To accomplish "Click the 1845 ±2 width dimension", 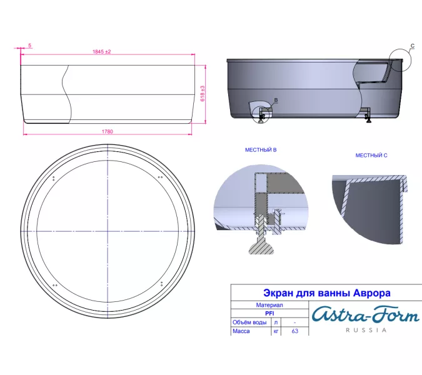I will click(101, 52).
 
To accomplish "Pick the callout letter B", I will click(276, 100).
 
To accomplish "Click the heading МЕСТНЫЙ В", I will click(260, 151).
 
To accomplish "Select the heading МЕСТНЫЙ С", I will click(371, 155).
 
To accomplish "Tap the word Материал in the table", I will click(269, 306).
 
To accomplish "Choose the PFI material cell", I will click(269, 314).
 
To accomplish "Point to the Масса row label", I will click(241, 331).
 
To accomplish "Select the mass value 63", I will click(294, 331).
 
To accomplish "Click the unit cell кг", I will click(276, 331).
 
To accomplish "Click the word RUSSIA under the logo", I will click(366, 331).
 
